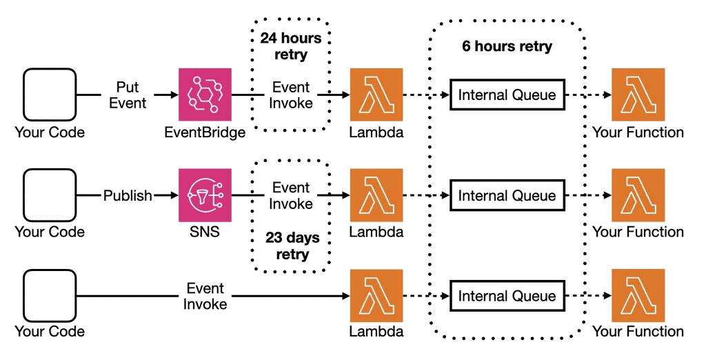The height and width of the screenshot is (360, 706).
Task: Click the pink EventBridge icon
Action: (205, 94)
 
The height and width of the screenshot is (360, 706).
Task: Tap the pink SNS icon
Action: (205, 195)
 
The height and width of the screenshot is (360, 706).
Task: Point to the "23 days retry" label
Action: (292, 246)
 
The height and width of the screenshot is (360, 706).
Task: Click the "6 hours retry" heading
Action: (507, 47)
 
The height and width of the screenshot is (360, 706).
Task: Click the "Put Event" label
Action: (128, 95)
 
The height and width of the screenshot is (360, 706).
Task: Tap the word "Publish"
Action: (128, 195)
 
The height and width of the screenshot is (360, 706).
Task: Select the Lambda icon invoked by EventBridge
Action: (376, 94)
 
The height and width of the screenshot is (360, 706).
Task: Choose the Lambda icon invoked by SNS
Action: (376, 195)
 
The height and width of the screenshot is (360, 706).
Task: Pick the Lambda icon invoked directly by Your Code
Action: (376, 296)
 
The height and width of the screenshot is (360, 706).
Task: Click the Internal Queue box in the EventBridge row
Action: (507, 95)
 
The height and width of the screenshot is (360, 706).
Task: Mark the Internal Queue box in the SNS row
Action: (507, 196)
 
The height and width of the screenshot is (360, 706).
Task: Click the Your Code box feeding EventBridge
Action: (49, 94)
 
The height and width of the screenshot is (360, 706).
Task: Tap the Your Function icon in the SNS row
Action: (638, 195)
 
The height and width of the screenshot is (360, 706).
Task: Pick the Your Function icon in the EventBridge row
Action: (638, 94)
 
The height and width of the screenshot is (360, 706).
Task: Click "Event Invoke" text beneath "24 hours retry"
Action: (291, 95)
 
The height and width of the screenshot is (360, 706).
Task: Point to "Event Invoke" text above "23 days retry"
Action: (291, 195)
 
